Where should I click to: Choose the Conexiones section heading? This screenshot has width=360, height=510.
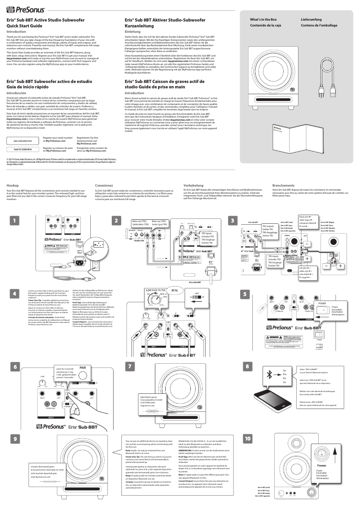pyautogui.click(x=104, y=185)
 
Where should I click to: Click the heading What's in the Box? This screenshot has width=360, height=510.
pyautogui.click(x=263, y=20)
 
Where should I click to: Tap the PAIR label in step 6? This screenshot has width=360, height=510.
pyautogui.click(x=83, y=367)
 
